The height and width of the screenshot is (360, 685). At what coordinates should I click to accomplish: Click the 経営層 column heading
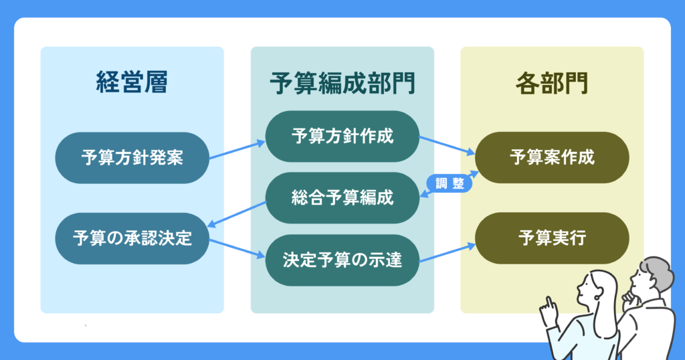132,82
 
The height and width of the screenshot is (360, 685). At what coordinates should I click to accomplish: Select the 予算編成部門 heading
342,83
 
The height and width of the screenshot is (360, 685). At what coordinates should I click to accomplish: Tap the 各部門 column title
552,83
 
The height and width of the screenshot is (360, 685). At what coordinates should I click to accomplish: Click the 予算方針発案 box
132,158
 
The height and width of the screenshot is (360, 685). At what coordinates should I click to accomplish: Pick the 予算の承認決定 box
132,238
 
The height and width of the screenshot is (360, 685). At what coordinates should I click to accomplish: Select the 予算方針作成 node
342,137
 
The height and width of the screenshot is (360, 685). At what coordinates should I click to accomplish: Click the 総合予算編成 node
342,198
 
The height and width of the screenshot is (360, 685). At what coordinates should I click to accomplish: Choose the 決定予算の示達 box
342,260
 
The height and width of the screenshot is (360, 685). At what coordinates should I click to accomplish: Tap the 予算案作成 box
552,157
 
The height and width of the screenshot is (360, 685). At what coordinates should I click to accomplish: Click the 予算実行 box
552,238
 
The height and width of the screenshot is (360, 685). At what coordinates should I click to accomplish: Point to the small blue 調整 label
450,183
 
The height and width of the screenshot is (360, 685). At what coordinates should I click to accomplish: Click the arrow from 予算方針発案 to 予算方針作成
237,150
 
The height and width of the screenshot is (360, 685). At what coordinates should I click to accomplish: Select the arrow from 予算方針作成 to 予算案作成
447,145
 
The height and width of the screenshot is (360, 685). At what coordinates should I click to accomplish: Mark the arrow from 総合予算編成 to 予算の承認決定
236,214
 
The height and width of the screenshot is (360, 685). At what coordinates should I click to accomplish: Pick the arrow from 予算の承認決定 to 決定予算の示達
237,248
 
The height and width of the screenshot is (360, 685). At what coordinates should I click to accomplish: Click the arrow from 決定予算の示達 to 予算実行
447,252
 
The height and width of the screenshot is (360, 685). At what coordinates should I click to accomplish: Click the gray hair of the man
658,272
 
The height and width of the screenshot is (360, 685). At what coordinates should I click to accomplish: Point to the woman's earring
597,298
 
